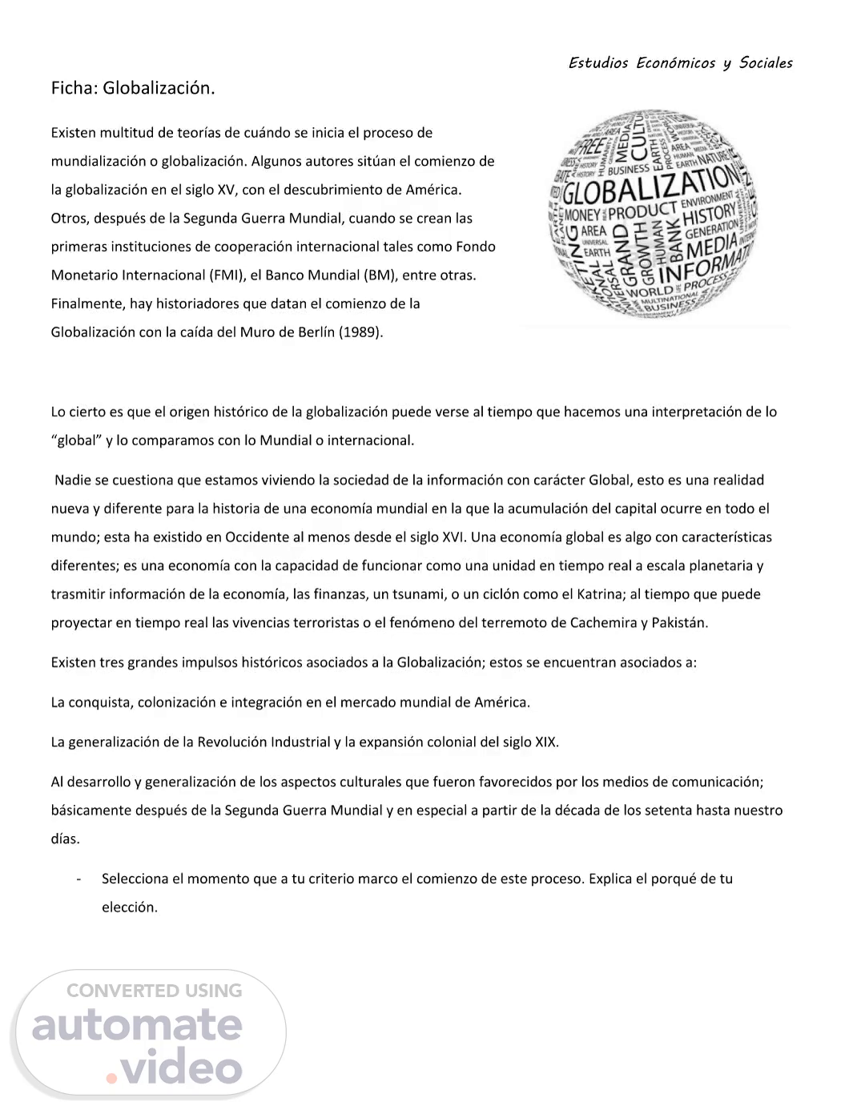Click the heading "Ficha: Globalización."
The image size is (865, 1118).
[x=133, y=88]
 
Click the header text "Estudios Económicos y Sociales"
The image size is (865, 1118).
[x=680, y=63]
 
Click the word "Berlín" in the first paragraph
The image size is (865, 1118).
[x=315, y=332]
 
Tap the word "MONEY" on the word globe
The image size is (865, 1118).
[x=582, y=215]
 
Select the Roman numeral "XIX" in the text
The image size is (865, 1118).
[x=546, y=742]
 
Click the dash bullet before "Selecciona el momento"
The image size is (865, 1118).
[x=78, y=879]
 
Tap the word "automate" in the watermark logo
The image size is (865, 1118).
[x=137, y=1026]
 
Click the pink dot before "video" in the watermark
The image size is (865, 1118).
[x=112, y=1078]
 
